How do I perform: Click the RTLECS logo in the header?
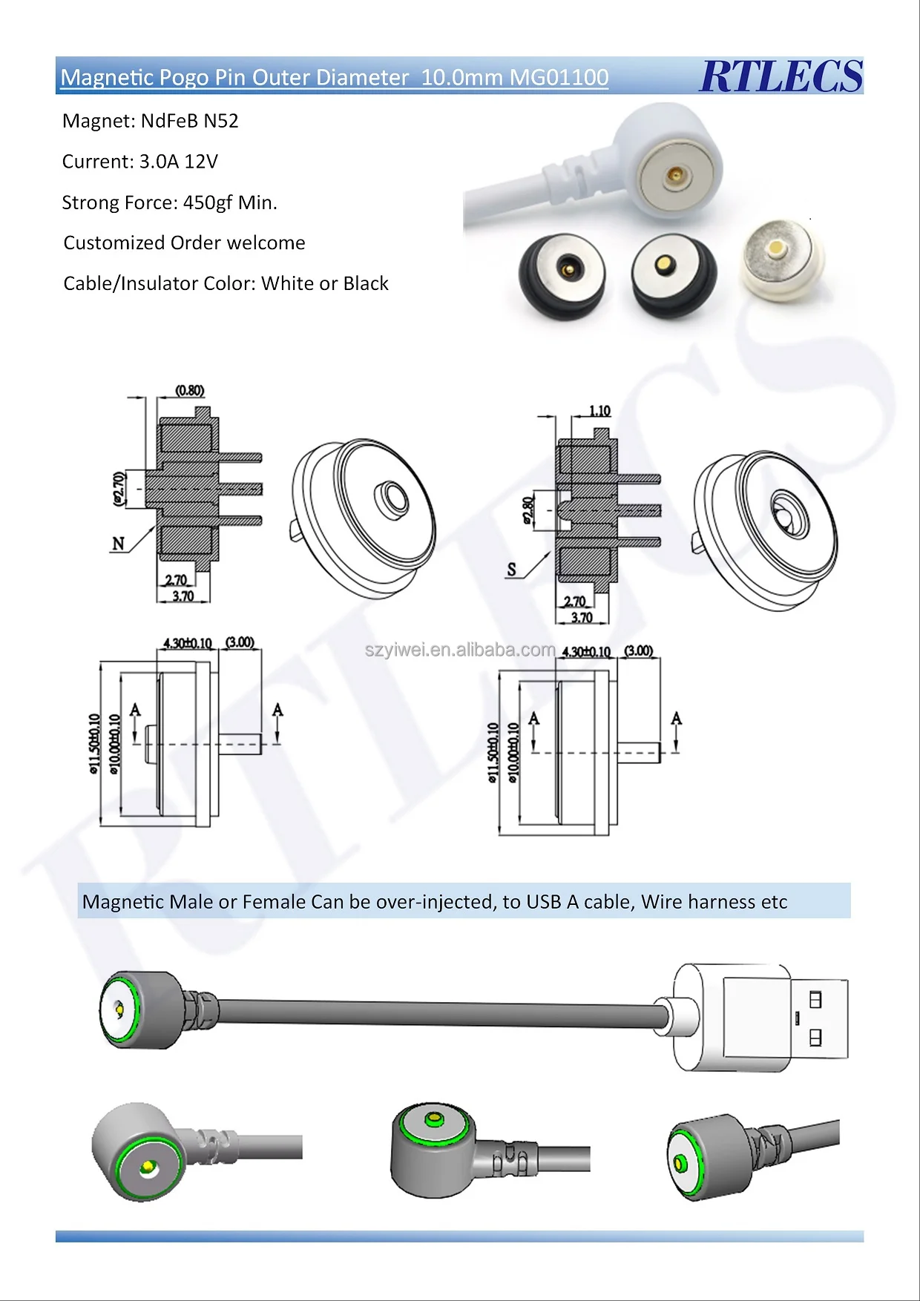pyautogui.click(x=781, y=76)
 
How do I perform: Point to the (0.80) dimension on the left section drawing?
pyautogui.click(x=190, y=390)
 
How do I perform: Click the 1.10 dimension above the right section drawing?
pyautogui.click(x=599, y=410)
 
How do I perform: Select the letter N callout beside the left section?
pyautogui.click(x=118, y=544)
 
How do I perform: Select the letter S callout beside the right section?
pyautogui.click(x=511, y=570)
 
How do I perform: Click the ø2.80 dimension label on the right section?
pyautogui.click(x=528, y=511)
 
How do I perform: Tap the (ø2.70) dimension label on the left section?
pyautogui.click(x=119, y=489)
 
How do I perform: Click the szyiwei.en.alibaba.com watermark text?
pyautogui.click(x=460, y=650)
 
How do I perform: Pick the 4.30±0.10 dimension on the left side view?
pyautogui.click(x=188, y=642)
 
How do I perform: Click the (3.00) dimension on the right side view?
pyautogui.click(x=639, y=650)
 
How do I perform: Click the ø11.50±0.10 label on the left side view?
pyautogui.click(x=94, y=743)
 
